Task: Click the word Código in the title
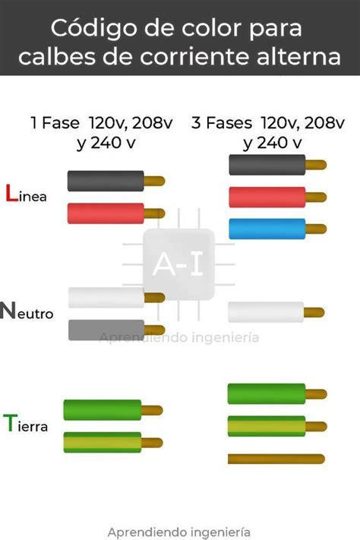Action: [x=94, y=28]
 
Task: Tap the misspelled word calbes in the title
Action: [x=58, y=57]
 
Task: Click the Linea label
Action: [x=26, y=193]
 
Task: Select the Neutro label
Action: [x=27, y=311]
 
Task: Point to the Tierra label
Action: [x=26, y=423]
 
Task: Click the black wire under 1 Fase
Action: [x=116, y=181]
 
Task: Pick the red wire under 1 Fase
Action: [x=116, y=213]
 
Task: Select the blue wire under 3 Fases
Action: [x=278, y=229]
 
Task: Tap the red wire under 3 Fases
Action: [x=278, y=197]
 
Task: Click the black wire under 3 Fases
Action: [x=278, y=165]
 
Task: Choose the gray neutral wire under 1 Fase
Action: [x=116, y=330]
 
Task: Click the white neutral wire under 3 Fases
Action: [x=276, y=312]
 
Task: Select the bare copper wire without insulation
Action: [x=276, y=459]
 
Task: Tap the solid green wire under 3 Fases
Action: [x=277, y=393]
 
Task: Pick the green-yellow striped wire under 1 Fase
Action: [x=113, y=443]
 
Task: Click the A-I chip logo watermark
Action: [x=178, y=264]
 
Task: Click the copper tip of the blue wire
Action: [x=316, y=229]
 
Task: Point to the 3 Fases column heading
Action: [x=268, y=133]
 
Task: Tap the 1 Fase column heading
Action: [x=102, y=133]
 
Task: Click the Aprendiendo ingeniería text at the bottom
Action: [x=178, y=532]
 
